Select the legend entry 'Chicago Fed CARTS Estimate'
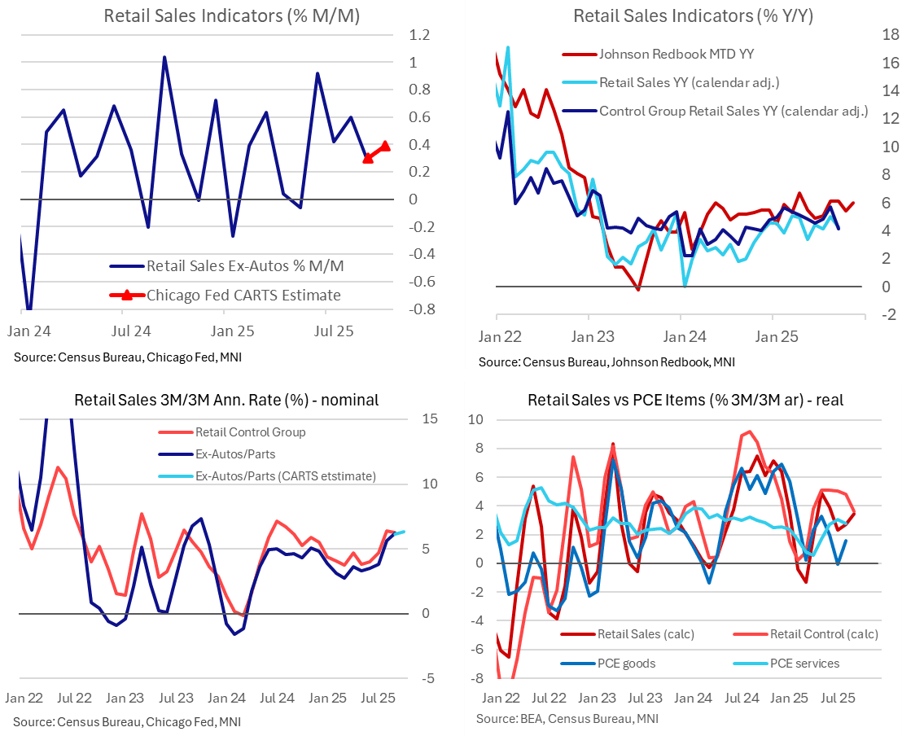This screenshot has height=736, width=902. point(243,295)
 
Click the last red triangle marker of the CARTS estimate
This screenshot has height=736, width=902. point(386,146)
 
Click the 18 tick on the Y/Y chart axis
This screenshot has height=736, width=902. point(887,34)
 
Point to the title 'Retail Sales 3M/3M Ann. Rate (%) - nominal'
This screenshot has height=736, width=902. point(226,400)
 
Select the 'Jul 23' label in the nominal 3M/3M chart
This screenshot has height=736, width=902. point(176,699)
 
